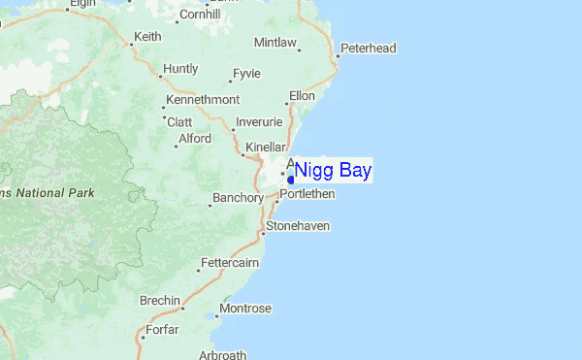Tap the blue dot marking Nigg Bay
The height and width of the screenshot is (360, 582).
point(291,180)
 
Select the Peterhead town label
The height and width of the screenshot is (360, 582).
point(370,48)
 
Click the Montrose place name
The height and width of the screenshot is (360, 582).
point(245,309)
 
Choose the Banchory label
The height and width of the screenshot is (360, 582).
point(239,198)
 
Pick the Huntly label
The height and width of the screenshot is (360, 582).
point(180,69)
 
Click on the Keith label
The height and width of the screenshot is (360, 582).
point(147,36)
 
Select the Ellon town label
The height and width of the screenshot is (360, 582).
point(302,96)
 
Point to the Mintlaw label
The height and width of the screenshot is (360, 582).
point(275,43)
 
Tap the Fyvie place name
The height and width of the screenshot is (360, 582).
point(246,73)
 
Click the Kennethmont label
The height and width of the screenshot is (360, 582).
point(202,100)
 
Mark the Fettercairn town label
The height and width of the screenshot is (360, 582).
point(230,263)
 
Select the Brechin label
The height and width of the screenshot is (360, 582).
point(159,300)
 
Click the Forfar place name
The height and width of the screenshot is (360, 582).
point(161,330)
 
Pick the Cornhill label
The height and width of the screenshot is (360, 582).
point(200,14)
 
